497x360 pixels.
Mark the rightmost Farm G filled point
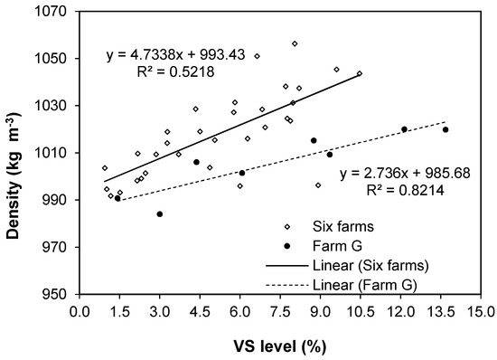445,129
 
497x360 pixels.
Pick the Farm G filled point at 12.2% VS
404,129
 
